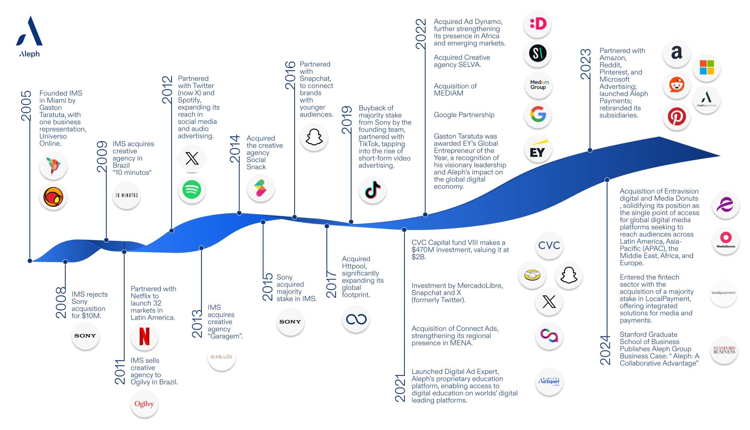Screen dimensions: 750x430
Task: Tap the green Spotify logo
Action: pos(192,190)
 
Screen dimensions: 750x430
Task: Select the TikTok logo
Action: pos(373,190)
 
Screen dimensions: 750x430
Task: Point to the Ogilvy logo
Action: pos(144,404)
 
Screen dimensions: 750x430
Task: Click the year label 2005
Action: pos(26,106)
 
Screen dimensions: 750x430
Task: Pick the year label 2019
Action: pos(347,120)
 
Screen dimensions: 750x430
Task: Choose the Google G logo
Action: pos(538,114)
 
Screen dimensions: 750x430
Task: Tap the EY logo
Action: pos(538,149)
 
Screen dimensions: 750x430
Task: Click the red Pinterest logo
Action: pos(677,117)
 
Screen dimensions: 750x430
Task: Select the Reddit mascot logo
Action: pos(677,84)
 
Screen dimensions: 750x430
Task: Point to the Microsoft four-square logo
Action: pos(707,67)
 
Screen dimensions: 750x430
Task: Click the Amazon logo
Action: pos(677,53)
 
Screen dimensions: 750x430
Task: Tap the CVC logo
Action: pos(549,245)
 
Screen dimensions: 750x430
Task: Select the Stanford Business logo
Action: pos(725,350)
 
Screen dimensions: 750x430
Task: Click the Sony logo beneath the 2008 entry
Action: pos(85,336)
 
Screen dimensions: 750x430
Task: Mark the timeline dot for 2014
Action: pos(239,213)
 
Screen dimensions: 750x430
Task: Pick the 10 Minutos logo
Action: pos(127,195)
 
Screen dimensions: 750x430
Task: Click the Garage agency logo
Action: pos(222,357)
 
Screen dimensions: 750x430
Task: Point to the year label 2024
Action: pos(605,350)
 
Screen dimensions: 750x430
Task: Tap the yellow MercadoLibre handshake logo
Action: pos(532,275)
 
